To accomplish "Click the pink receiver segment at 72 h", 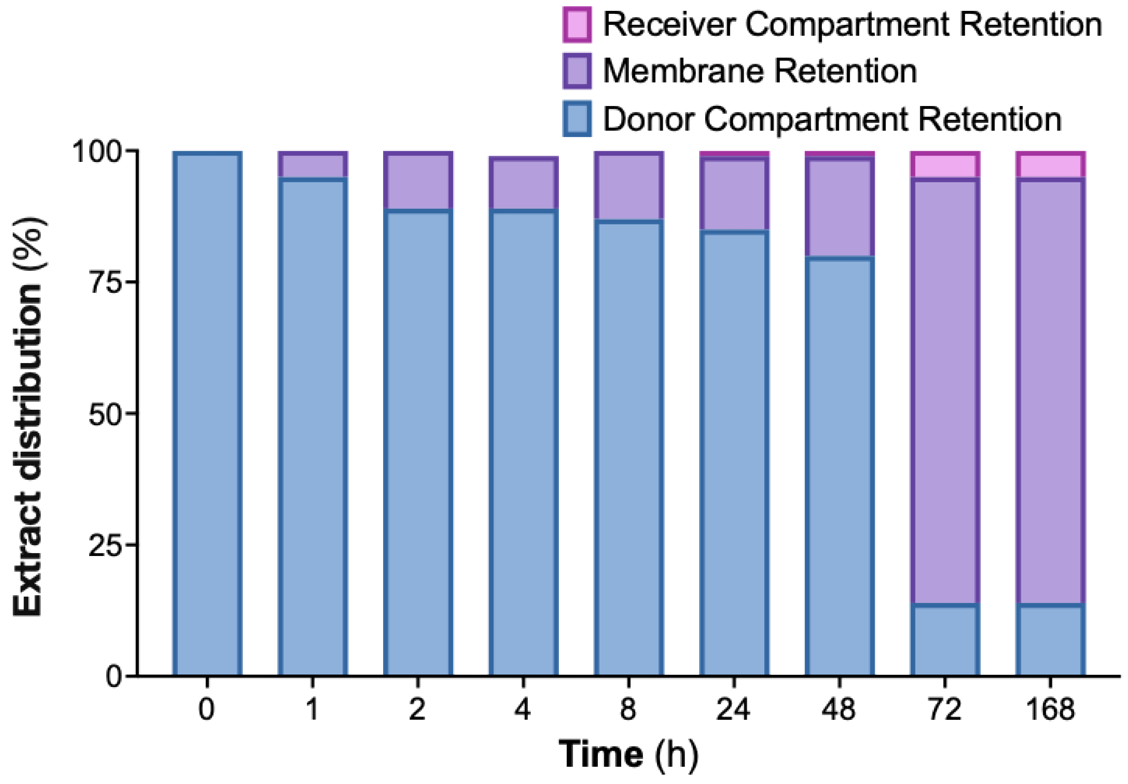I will [x=945, y=165].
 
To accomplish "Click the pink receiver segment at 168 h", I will [x=1050, y=165].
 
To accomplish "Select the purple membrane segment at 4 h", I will [x=523, y=184].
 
